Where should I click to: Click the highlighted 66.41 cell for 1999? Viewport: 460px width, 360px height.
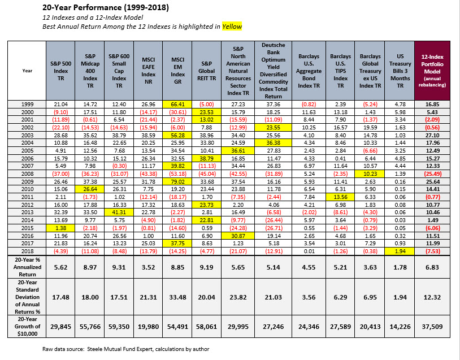click(x=177, y=104)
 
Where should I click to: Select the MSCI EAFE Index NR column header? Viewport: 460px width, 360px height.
click(x=148, y=71)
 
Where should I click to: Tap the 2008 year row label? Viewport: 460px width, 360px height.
click(x=27, y=174)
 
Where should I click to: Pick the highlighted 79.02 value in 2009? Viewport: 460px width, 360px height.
click(x=177, y=181)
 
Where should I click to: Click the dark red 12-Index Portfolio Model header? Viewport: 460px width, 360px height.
click(x=432, y=71)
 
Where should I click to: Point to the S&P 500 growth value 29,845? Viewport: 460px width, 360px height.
click(x=60, y=327)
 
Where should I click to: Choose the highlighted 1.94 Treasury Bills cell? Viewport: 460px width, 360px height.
click(x=400, y=251)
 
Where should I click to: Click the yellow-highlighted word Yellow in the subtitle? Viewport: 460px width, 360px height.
click(x=232, y=27)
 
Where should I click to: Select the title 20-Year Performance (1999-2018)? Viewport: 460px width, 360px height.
click(x=106, y=7)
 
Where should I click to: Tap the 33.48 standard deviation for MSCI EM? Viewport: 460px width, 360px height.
click(x=177, y=297)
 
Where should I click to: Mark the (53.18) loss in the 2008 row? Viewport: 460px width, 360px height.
click(x=177, y=174)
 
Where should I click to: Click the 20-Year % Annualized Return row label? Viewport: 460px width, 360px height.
click(x=27, y=267)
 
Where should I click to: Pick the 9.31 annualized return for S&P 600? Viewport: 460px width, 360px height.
click(x=119, y=267)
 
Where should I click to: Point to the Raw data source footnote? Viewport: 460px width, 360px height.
click(x=126, y=349)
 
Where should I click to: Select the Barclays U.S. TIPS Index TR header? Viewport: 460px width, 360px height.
click(x=340, y=71)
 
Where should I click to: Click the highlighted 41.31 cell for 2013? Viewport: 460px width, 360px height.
click(x=119, y=212)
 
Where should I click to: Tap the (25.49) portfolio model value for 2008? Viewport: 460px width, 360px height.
click(x=432, y=174)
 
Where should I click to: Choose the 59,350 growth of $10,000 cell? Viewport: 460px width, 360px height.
click(x=119, y=327)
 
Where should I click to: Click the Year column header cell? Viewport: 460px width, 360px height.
click(x=27, y=71)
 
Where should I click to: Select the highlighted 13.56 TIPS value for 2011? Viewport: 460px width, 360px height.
click(x=340, y=197)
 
